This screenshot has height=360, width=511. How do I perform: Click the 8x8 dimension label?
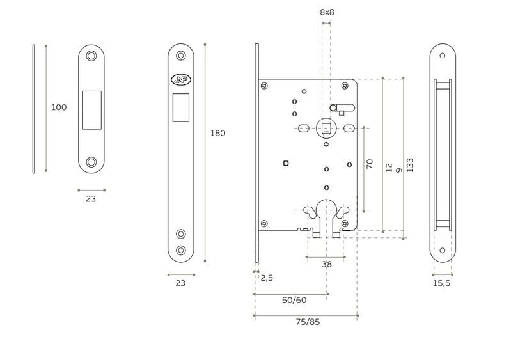[327, 12]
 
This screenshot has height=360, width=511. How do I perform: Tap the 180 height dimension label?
[217, 133]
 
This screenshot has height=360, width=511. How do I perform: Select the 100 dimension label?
[59, 107]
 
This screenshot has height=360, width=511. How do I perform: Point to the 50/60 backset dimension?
[294, 300]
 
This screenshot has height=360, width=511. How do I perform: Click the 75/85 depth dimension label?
[308, 322]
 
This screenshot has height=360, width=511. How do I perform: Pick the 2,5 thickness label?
[267, 278]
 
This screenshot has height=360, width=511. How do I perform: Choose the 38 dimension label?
[327, 264]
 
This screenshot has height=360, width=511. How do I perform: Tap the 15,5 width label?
[441, 283]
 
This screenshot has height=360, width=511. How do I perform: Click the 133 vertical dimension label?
[410, 165]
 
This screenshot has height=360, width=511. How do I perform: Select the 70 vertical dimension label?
[370, 164]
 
